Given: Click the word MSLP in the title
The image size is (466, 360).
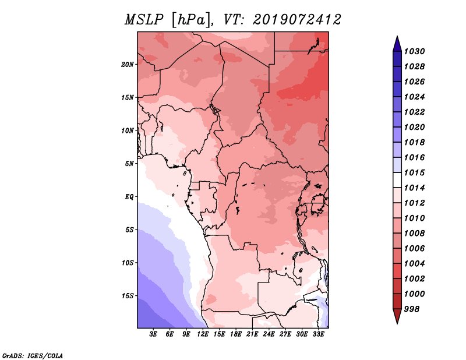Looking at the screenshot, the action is coord(144,20).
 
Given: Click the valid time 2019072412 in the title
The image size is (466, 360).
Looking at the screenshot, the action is coord(297,20).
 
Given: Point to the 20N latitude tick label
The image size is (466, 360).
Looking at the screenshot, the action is coord(128,65).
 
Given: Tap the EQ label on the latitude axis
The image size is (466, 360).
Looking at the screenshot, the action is coord(129,197).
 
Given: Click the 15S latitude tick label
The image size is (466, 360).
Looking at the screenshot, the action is coord(128,296).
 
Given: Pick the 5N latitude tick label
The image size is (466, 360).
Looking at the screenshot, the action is coord(129,164).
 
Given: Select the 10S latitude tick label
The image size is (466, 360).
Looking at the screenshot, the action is coord(128,263).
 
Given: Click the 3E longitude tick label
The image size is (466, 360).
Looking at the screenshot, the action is coord(153,334).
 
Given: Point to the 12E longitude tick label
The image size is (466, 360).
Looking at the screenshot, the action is coord(203,334).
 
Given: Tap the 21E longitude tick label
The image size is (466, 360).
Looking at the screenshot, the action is coord(252,334).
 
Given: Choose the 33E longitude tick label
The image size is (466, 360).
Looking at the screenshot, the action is coord(318,334).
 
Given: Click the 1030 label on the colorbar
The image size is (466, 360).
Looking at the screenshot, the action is coord(415,51).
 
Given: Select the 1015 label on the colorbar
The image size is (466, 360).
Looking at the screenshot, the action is coord(415,172).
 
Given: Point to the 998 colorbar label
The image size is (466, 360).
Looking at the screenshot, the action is coord(412,309).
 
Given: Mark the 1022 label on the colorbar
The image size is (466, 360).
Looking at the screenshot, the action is coord(415,112).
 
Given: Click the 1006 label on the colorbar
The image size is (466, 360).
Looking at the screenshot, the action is coord(415,249).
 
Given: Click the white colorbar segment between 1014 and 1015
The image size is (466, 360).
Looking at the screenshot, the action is coord(397,180).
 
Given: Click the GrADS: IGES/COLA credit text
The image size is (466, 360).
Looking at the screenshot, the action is coord(33,356).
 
